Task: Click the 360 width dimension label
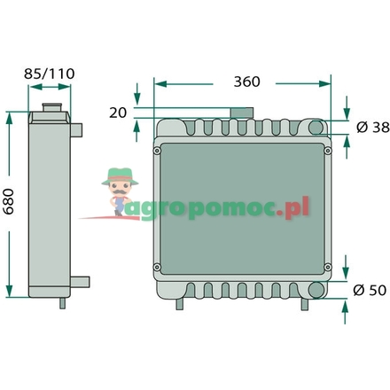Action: [x=246, y=82]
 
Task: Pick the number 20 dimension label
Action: [x=117, y=113]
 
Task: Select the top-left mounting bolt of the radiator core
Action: [x=158, y=151]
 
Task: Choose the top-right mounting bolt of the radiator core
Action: [x=328, y=151]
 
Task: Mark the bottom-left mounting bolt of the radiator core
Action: [x=158, y=269]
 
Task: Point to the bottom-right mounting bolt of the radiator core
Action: [x=328, y=269]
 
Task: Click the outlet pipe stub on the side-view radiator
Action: [x=82, y=282]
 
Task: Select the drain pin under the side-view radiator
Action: [x=62, y=303]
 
